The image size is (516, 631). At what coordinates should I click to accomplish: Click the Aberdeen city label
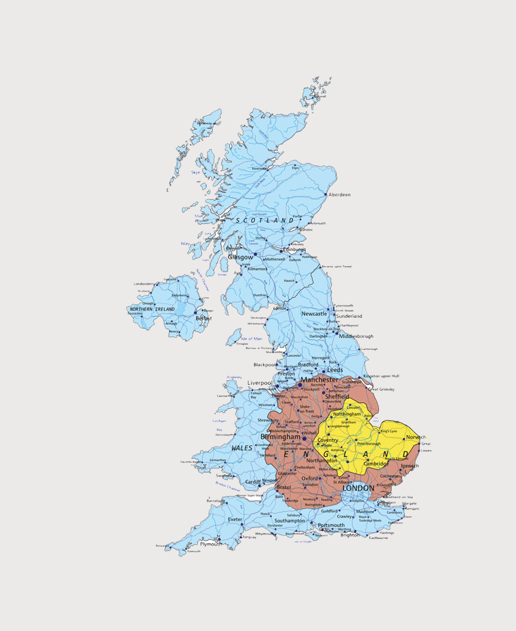click(x=339, y=195)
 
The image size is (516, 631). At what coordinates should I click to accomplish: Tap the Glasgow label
click(x=240, y=257)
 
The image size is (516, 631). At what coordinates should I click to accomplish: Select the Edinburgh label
click(x=293, y=250)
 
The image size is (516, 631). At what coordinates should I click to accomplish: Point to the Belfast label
click(x=204, y=318)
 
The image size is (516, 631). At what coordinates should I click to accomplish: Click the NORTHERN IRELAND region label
click(x=152, y=309)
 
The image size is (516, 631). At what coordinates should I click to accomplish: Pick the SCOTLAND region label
click(x=265, y=220)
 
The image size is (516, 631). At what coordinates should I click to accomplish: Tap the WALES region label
click(x=242, y=448)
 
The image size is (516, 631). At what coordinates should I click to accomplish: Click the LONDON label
click(x=358, y=488)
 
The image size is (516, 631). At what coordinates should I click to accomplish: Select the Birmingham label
click(x=281, y=437)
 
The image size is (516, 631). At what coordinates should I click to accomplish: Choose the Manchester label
click(x=319, y=380)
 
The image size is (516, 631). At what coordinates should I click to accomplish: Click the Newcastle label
click(x=315, y=314)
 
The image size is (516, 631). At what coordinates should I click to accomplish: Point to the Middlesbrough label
click(x=356, y=336)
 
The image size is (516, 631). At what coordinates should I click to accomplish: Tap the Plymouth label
click(x=210, y=544)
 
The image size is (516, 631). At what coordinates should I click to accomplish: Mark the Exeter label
click(x=235, y=520)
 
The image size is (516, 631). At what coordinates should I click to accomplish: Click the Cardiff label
click(x=252, y=482)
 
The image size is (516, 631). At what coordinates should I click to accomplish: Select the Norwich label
click(x=416, y=437)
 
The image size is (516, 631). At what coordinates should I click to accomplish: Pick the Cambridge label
click(x=377, y=463)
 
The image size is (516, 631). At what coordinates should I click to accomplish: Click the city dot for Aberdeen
click(x=326, y=195)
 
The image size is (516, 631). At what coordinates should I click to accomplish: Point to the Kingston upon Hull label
click(x=381, y=376)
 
